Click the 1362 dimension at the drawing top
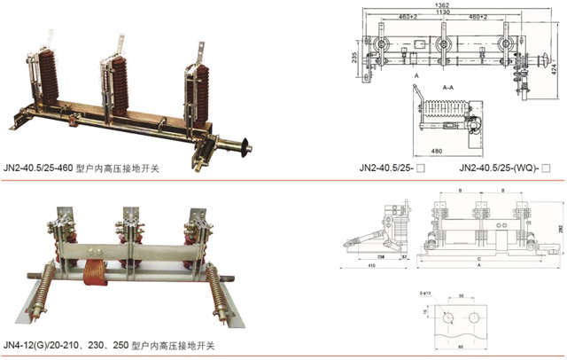[x=440, y=4]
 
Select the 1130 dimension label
[x=440, y=12]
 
